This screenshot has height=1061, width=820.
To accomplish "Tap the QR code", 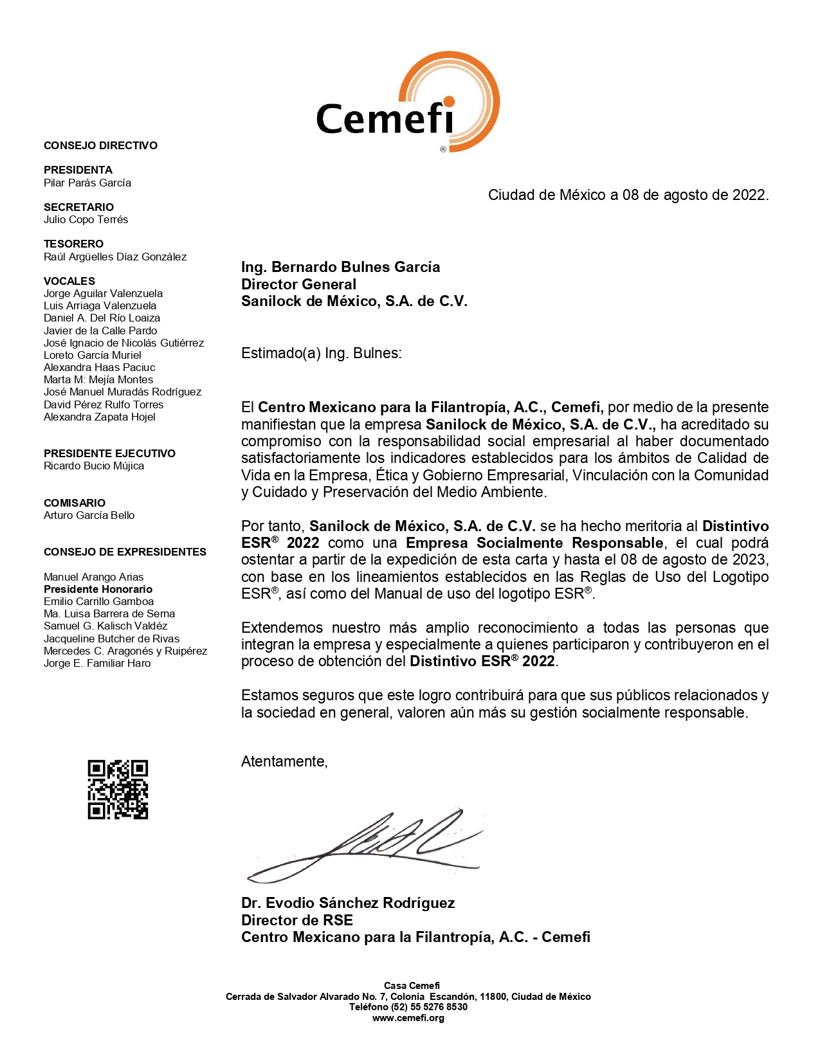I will [x=118, y=790].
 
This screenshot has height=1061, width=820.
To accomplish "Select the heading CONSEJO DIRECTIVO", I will [x=100, y=146].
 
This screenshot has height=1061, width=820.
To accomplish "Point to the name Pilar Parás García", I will [x=87, y=183].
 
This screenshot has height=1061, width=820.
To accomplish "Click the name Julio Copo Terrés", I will [x=86, y=220].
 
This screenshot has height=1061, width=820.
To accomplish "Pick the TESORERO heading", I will [x=73, y=244].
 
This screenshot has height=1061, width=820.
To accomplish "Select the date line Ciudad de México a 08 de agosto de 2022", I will [x=628, y=195].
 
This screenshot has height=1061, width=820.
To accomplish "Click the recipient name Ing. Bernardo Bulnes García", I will [x=340, y=268].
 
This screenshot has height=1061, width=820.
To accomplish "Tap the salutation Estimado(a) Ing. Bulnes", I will [x=321, y=354].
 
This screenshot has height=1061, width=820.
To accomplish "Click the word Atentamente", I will [x=284, y=762].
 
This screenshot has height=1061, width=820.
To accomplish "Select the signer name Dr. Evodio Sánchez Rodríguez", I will [x=348, y=903].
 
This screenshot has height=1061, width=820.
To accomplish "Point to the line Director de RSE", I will [x=296, y=921].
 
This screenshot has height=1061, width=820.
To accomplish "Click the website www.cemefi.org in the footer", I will [x=408, y=1019].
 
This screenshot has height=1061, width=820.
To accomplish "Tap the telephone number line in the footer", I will [x=408, y=1008].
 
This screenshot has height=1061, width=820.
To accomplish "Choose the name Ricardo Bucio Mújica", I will [x=94, y=466].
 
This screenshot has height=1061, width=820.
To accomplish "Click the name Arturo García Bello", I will [x=89, y=516].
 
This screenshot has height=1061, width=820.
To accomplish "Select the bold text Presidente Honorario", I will [x=98, y=590].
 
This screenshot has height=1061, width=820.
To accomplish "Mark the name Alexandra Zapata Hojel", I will [x=100, y=417].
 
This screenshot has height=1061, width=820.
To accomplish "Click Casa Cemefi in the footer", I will [x=412, y=986].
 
